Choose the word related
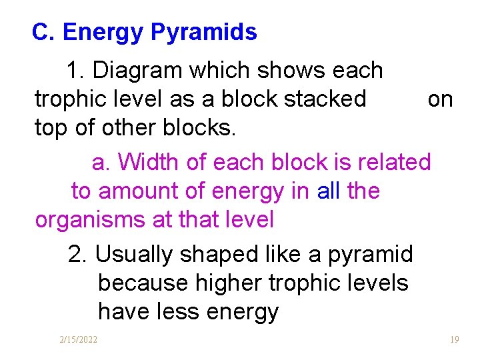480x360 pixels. coord(395,162)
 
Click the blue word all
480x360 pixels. coord(329,191)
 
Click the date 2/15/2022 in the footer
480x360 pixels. coord(78,340)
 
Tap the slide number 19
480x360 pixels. coord(454,340)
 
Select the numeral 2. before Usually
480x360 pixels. coord(77,254)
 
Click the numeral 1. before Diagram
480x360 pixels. coord(75,70)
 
